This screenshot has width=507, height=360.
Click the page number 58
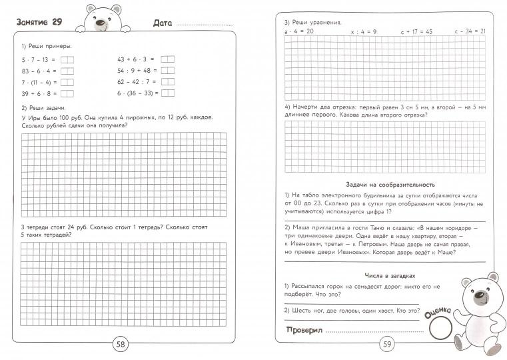[121, 345]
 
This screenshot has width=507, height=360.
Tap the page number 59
[387, 345]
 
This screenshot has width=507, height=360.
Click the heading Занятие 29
[40, 23]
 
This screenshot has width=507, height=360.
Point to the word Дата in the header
[163, 23]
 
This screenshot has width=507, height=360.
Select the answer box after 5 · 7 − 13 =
[67, 60]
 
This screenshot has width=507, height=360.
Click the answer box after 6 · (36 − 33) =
[168, 93]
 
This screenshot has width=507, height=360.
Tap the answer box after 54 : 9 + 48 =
[168, 71]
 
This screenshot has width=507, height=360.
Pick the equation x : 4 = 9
[363, 31]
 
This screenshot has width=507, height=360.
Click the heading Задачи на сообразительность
[390, 184]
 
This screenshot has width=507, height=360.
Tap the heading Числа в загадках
[390, 275]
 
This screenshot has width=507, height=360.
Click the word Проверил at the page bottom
[304, 331]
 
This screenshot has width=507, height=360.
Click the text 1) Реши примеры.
[46, 46]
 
